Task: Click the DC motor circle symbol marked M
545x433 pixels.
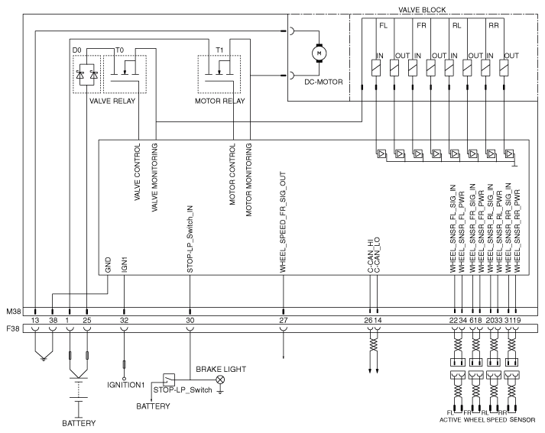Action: point(319,53)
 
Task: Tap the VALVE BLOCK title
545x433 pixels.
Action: point(422,10)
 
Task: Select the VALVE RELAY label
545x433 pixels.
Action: point(112,101)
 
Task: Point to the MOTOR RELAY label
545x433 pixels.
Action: point(219,101)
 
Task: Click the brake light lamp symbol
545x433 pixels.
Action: point(220,380)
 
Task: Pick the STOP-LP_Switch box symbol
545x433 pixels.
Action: point(169,380)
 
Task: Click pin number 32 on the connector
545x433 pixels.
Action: point(124,320)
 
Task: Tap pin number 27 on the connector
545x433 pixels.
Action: point(284,320)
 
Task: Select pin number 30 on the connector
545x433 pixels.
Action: point(190,320)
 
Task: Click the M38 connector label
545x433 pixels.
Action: point(14,311)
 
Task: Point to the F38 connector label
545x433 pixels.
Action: point(14,328)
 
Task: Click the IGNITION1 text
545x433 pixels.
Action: point(125,385)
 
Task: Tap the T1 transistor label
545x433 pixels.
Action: point(219,50)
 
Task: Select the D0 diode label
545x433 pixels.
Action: point(76,50)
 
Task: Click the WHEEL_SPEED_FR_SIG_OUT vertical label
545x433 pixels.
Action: point(283,222)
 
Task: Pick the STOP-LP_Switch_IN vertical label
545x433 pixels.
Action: point(190,239)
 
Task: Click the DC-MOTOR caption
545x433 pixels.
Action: point(323,82)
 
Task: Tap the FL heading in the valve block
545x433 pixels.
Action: point(384,26)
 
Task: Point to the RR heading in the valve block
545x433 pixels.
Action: point(494,26)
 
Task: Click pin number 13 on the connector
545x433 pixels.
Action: point(35,320)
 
